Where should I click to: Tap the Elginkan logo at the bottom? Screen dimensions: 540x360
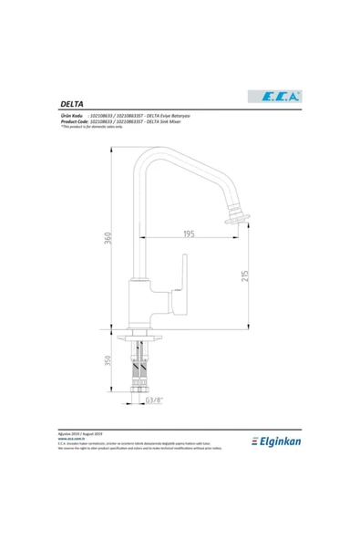coord(273,441)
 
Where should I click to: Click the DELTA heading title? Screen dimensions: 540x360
coord(73,105)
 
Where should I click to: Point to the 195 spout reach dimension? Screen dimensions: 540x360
coord(188,234)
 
